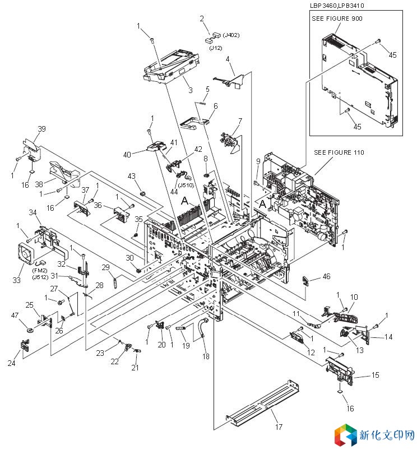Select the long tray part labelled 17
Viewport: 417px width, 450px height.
pos(261,403)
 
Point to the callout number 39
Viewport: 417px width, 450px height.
pos(41,129)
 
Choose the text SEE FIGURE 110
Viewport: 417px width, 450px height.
pos(340,152)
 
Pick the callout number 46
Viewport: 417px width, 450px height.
pos(326,276)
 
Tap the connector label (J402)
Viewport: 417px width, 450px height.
pos(231,35)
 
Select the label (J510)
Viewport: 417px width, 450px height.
pos(186,185)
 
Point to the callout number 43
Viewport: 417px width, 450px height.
pos(132,176)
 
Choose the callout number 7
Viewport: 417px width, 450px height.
pos(240,120)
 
